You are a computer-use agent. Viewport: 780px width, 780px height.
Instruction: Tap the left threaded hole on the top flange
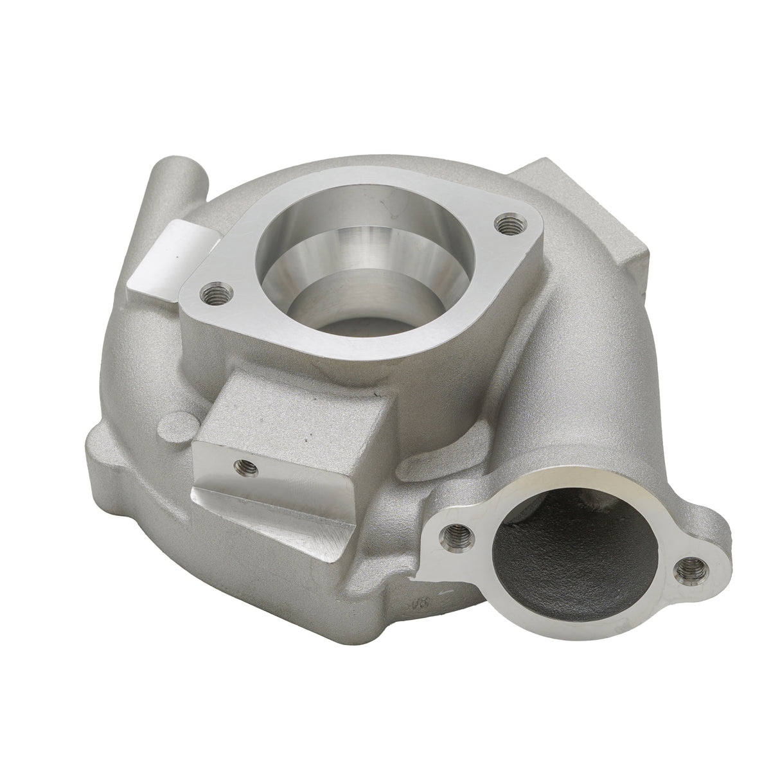click(212, 294)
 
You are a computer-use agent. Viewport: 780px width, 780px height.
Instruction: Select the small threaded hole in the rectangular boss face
click(242, 464)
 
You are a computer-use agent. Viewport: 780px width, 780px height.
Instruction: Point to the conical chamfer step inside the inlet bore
click(360, 257)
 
